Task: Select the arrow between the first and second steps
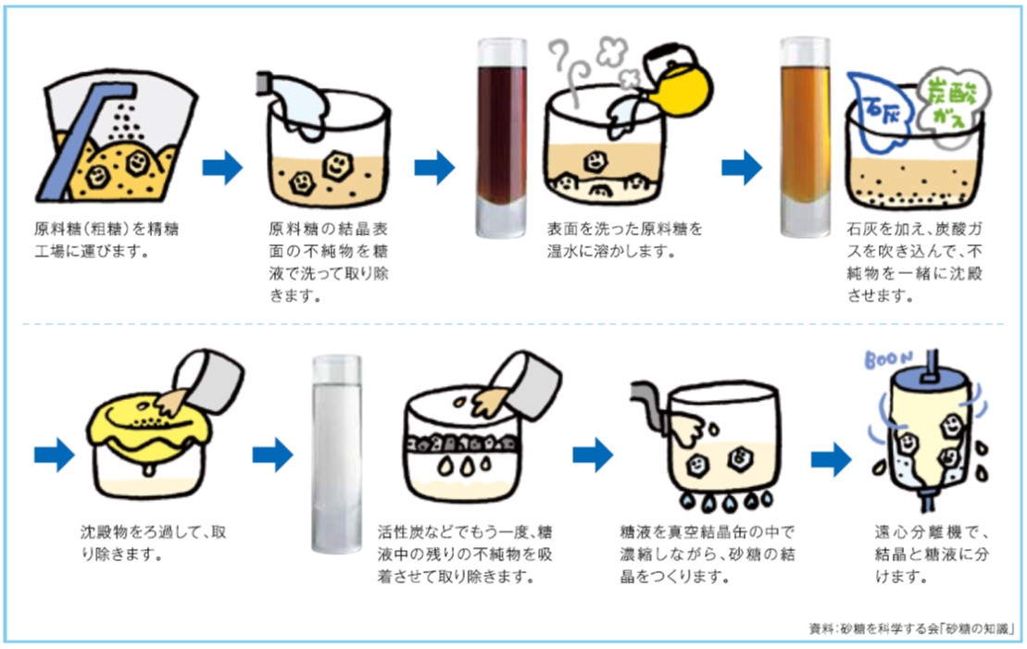click(222, 168)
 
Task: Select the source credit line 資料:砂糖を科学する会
click(911, 630)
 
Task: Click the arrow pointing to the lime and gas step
click(741, 168)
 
